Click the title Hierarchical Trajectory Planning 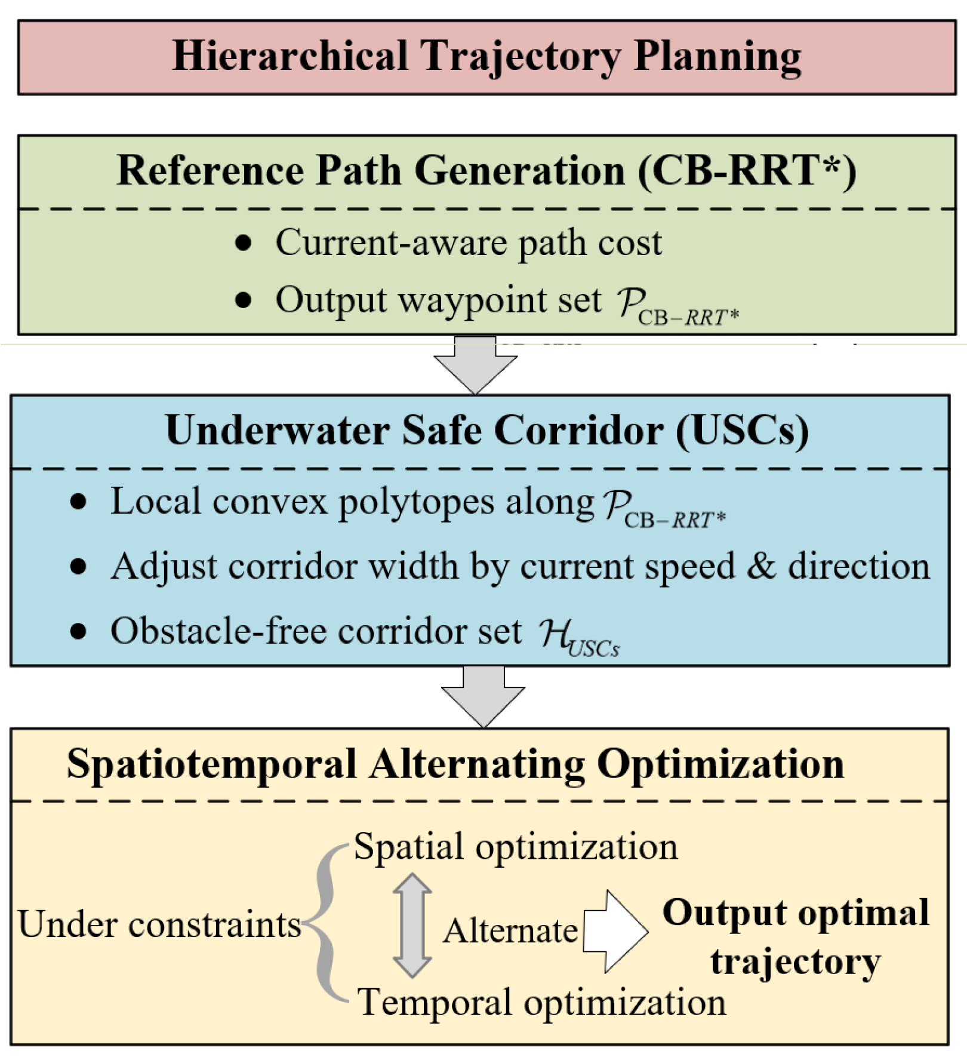tap(486, 56)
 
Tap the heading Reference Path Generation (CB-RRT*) tap(486, 171)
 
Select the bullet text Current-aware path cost tap(468, 243)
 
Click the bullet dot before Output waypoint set tap(243, 300)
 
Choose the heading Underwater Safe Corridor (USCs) tap(486, 430)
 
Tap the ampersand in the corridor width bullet tap(761, 566)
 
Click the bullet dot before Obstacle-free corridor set tap(78, 631)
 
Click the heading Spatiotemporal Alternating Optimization tap(455, 764)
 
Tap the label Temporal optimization tap(541, 1001)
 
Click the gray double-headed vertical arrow tap(412, 924)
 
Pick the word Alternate tap(510, 930)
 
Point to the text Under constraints tap(159, 924)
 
